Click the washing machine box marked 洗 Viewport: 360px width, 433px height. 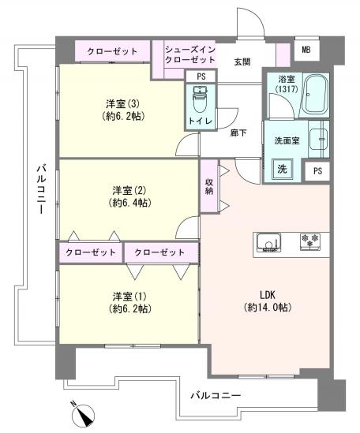coord(280,168)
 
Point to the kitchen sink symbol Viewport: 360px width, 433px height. coord(266,242)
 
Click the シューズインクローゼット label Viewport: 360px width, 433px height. coord(189,55)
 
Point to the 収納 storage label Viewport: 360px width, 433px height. coord(209,186)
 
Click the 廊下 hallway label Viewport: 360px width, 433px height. coord(238,133)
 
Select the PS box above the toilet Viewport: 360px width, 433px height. coord(201,77)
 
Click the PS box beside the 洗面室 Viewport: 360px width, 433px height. coord(317,171)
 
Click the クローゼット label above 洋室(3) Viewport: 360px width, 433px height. coord(111,50)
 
